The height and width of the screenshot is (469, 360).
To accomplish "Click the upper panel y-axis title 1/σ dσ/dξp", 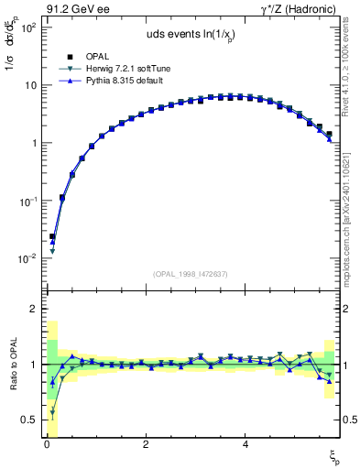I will point(12,54).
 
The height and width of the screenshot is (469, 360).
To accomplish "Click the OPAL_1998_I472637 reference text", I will point(191,274).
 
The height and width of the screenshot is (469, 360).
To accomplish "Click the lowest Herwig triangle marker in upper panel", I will point(52,251).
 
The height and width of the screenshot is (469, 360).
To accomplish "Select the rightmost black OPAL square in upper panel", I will point(330,134).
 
